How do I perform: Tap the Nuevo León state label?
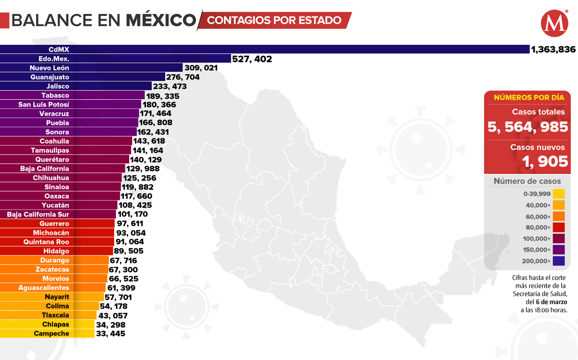(49, 68)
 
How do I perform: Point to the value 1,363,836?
(553, 49)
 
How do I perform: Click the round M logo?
(554, 24)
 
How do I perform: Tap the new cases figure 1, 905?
(545, 161)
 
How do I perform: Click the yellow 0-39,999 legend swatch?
(559, 194)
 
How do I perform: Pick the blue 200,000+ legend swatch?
(559, 261)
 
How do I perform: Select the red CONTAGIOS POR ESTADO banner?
(275, 20)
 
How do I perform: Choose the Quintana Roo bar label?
(46, 242)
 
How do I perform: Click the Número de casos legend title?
(527, 181)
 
